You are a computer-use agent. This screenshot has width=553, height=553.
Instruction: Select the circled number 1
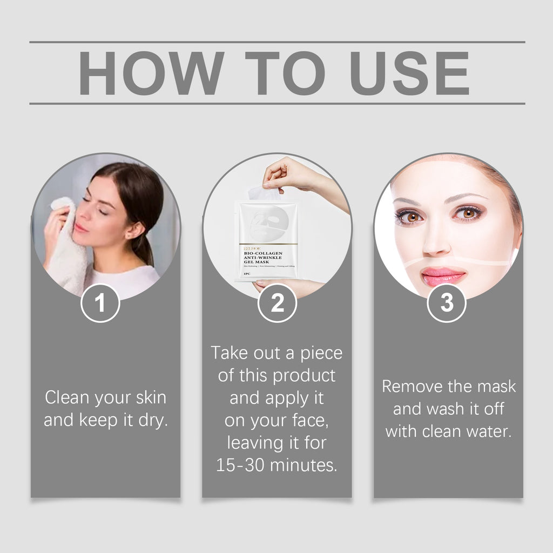[x=100, y=304]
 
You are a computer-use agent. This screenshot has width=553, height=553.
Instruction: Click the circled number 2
[x=277, y=304]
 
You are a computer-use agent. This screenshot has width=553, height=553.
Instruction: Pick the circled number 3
[x=447, y=304]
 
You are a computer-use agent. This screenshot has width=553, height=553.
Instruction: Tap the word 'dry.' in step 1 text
[x=153, y=420]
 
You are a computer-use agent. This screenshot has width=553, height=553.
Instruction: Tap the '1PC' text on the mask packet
[x=247, y=274]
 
